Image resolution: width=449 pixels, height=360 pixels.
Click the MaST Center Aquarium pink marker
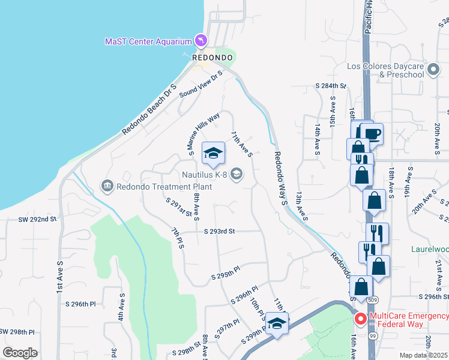point(201,41)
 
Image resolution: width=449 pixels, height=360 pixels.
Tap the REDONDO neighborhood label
point(212,57)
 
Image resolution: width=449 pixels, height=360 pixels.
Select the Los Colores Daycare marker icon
point(433,73)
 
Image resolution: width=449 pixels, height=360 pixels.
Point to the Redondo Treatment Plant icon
point(107,186)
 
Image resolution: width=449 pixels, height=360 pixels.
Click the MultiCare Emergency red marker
point(360,319)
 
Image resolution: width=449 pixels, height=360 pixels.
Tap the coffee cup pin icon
point(372,133)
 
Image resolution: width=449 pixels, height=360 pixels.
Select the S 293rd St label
point(219,231)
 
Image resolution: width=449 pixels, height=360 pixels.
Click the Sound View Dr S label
point(200,83)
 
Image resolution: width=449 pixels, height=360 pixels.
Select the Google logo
point(20,352)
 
